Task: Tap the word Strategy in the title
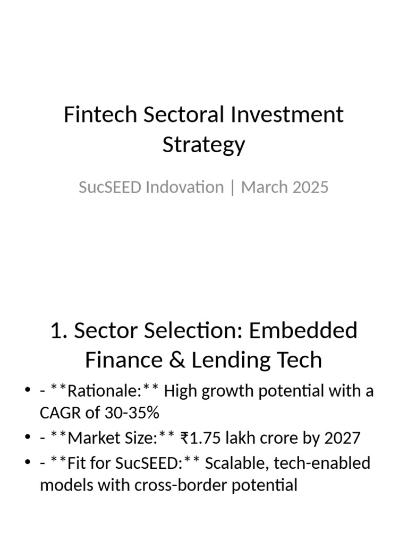[x=204, y=144]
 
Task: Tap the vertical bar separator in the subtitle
[x=232, y=188]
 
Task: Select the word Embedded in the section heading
[x=303, y=330]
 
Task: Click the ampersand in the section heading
[x=183, y=360]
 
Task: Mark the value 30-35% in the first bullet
[x=133, y=412]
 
